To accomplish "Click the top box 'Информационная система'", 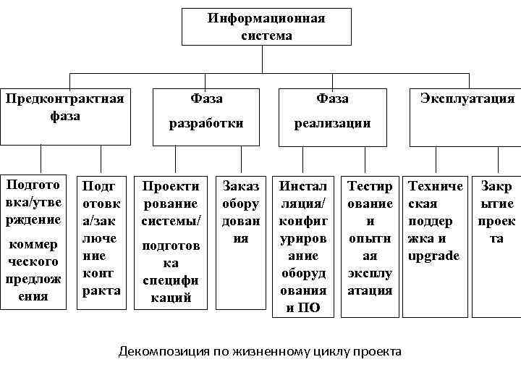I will click(x=266, y=27).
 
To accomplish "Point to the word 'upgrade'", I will click(x=434, y=256).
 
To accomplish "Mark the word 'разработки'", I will click(x=206, y=123).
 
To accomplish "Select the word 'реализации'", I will click(x=332, y=123).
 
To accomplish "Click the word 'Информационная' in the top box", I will click(x=266, y=18).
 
